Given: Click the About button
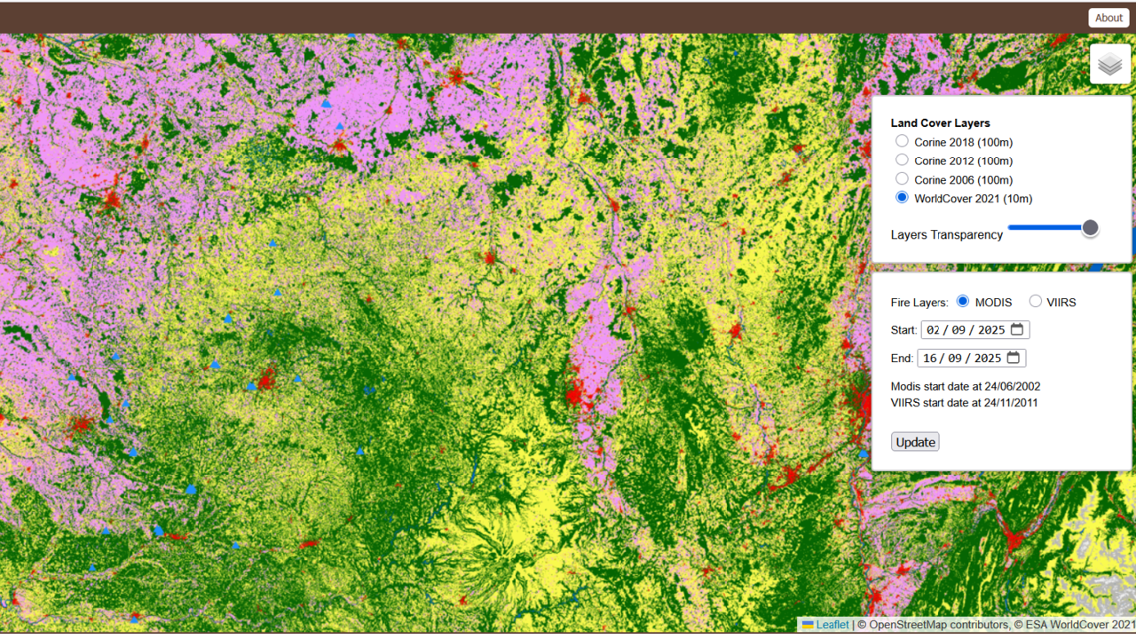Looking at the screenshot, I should click(1108, 18).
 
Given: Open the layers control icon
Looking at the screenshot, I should click(1110, 64).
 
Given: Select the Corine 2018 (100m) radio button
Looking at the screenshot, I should click(902, 141).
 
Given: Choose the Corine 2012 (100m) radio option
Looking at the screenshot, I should click(902, 161).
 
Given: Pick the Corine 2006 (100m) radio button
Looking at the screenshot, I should click(902, 179).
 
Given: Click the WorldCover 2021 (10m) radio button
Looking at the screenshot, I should click(902, 198).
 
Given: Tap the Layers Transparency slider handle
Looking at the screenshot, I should click(1091, 228).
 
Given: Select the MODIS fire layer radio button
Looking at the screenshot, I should click(963, 302).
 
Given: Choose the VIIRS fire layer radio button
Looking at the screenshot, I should click(1035, 302).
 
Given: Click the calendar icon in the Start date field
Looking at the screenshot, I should click(1017, 329).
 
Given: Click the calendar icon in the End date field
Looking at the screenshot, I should click(1014, 358).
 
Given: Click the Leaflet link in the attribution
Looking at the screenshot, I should click(832, 625).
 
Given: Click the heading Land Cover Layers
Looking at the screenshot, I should click(940, 123).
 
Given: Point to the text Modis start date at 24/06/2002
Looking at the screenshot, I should click(966, 387).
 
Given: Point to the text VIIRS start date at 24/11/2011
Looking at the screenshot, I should click(965, 403).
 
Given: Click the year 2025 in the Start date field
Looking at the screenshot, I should click(991, 330).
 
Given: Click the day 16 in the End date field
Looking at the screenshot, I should click(930, 359).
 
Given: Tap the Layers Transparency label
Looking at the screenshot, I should click(946, 235).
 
